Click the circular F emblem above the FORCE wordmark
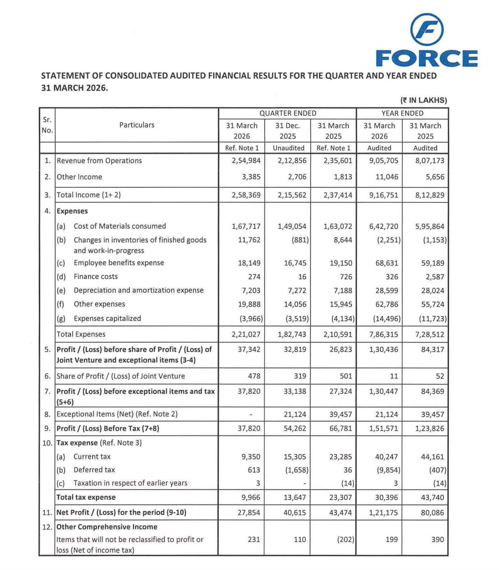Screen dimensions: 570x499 coord(427,29)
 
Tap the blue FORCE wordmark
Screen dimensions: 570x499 coord(427,58)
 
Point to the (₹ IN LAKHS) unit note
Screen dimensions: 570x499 coord(423,100)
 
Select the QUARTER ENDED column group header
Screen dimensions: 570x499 coord(288,113)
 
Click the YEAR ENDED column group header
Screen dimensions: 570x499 coord(402,113)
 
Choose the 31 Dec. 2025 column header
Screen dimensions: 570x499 coord(288,131)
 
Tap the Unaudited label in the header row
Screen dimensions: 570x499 coord(288,148)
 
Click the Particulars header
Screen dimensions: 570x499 coord(137,125)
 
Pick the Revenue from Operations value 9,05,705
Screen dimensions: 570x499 coord(384,161)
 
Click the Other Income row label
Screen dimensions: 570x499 coord(80,177)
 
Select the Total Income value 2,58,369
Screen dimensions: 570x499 coord(246,195)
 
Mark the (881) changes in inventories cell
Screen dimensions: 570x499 coord(300,240)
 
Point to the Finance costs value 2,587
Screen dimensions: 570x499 coord(433,277)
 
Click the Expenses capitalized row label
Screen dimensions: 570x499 coord(107,318)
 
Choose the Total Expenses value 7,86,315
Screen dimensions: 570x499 coord(384,334)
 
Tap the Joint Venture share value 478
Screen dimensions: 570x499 coord(254,376)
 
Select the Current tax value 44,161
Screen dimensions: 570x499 coord(433,457)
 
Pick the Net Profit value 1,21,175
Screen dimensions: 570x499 coord(384,512)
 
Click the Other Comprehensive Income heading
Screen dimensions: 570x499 coord(107,527)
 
